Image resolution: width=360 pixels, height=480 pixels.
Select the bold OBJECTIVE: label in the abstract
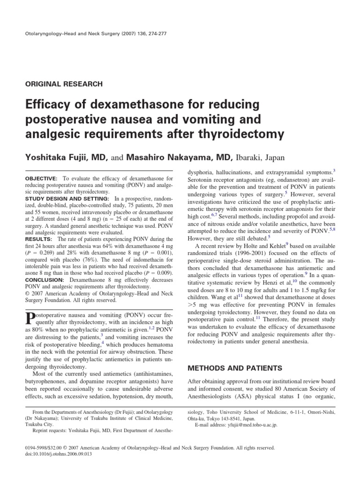38,179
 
